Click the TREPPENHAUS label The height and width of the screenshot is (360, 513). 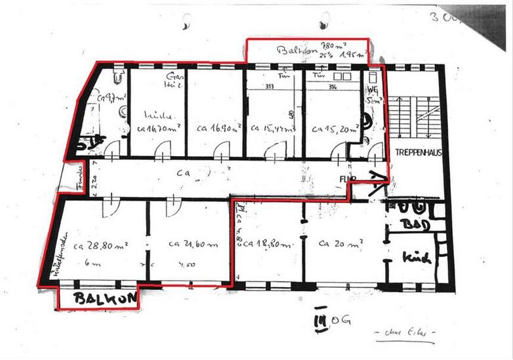coord(419,152)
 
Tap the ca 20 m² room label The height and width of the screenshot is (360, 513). coord(340,244)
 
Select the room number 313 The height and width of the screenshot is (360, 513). coord(269,86)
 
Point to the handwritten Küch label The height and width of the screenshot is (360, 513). coord(417,258)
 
